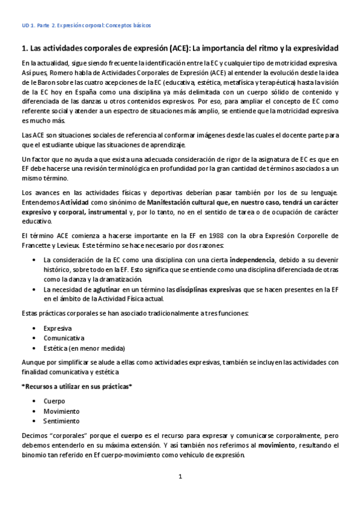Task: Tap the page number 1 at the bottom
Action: coord(180,477)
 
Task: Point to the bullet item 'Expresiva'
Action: coord(58,328)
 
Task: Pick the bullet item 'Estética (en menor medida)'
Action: coord(84,348)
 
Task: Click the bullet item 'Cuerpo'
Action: coord(54,401)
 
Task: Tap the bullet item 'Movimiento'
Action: coord(61,411)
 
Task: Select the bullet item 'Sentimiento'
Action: coord(61,421)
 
